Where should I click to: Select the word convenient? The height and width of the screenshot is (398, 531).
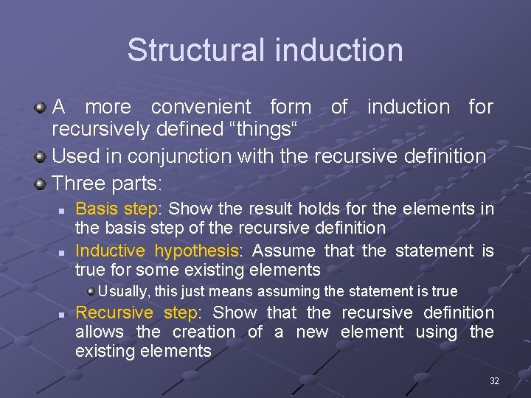(201, 107)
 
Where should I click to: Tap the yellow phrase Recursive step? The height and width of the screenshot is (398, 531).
(136, 313)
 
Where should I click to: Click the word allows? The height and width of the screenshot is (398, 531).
(100, 332)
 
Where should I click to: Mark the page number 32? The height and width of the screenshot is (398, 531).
(494, 381)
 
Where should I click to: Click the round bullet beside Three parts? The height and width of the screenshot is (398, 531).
(41, 182)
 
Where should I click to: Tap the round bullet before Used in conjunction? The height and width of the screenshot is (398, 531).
(41, 157)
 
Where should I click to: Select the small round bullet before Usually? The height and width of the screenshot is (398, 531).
(90, 290)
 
